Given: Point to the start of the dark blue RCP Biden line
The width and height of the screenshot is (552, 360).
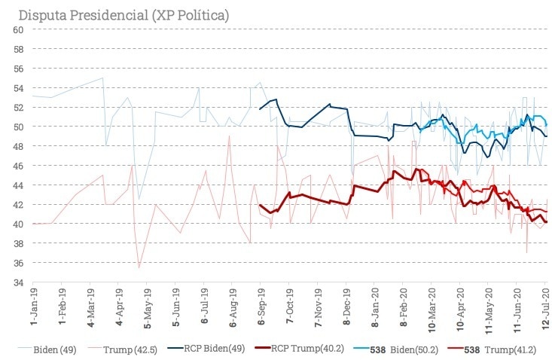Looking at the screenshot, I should tap(260, 109).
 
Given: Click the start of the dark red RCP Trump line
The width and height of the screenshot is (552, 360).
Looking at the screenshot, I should tap(260, 205).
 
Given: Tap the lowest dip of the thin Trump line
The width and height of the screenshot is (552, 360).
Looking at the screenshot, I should tap(139, 267).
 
